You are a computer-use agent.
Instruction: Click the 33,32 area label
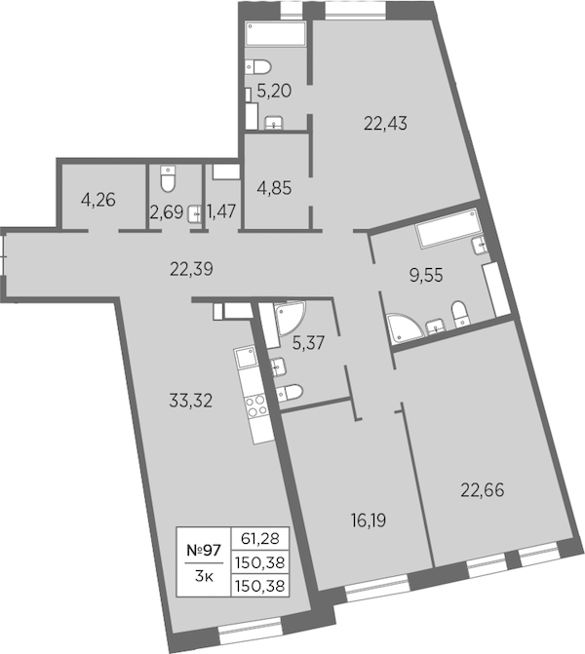point(191,401)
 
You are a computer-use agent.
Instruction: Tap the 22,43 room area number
point(385,124)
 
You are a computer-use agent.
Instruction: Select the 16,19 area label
point(369,520)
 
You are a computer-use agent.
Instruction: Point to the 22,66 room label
point(483,490)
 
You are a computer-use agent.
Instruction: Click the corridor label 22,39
point(191,269)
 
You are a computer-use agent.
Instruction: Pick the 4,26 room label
point(98,200)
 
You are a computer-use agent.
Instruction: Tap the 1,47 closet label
point(221,212)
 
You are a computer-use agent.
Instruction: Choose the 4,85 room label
point(275,188)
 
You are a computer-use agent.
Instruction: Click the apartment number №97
point(204,551)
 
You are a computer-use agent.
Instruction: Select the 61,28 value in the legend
point(260,538)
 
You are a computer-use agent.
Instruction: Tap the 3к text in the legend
point(204,577)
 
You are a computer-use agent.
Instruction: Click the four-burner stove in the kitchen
point(256,405)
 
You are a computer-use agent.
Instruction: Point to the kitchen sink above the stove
point(245,357)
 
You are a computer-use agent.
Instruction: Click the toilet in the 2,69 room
point(168,178)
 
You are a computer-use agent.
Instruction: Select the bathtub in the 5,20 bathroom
point(276,33)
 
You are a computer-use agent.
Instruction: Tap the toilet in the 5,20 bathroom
point(257,66)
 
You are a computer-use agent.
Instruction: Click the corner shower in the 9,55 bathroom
point(405,327)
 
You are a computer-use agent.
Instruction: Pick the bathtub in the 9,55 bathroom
point(448,228)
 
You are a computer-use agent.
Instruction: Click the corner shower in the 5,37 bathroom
point(290,318)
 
